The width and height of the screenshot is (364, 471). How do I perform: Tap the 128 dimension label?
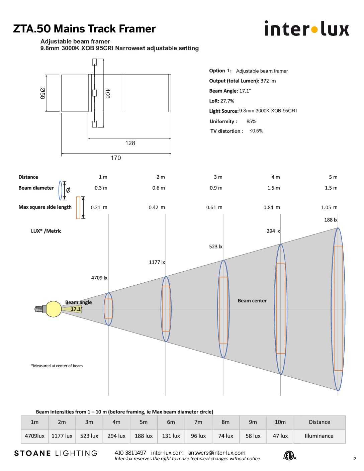(130, 143)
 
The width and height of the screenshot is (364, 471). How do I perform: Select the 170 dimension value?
(116, 158)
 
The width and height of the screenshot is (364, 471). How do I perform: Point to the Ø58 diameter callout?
(42, 93)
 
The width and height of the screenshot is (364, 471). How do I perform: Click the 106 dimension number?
(108, 94)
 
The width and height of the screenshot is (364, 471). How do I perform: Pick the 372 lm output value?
(268, 81)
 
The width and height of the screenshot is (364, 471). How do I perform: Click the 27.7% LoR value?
(227, 101)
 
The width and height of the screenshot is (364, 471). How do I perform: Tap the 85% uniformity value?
(251, 121)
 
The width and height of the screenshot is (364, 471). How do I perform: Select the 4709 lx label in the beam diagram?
(99, 278)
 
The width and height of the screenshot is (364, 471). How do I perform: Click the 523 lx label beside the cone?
(216, 247)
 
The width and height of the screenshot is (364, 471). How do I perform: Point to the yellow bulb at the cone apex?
(54, 309)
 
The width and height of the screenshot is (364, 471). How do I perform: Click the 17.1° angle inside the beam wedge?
(77, 309)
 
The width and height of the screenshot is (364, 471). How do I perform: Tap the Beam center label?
(252, 301)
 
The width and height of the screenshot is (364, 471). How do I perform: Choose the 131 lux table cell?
(171, 436)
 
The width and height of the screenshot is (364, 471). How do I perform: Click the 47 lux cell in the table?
(280, 436)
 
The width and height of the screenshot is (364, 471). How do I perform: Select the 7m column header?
(198, 422)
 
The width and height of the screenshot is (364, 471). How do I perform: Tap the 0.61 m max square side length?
(214, 207)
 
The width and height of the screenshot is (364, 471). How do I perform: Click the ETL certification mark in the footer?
(290, 455)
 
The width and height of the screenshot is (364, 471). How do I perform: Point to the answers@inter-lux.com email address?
(217, 453)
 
